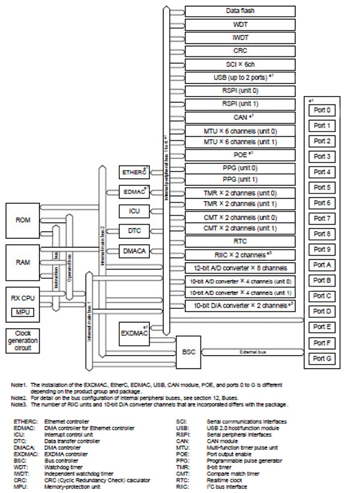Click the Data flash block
240,11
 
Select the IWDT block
240,38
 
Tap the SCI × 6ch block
240,64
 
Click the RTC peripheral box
240,241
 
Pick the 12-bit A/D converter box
240,267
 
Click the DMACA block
134,250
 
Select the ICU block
134,211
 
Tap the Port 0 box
322,111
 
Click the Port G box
322,359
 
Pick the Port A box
322,265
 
